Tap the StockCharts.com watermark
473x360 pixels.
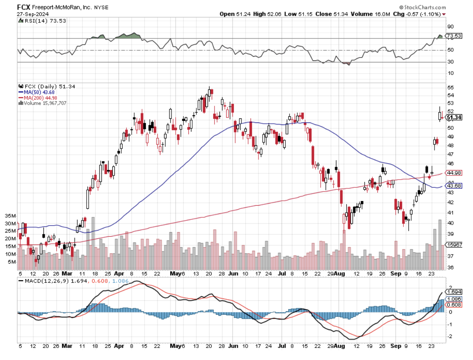click(x=423, y=7)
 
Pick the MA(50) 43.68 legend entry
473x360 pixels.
click(x=36, y=92)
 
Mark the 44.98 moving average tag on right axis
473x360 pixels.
click(x=453, y=173)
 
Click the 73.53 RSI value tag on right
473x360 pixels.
click(x=453, y=36)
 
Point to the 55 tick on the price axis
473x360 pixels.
click(x=449, y=88)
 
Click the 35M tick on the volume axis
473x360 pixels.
click(x=10, y=216)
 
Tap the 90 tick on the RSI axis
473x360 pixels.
click(x=449, y=26)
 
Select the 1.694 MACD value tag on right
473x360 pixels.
click(x=453, y=292)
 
